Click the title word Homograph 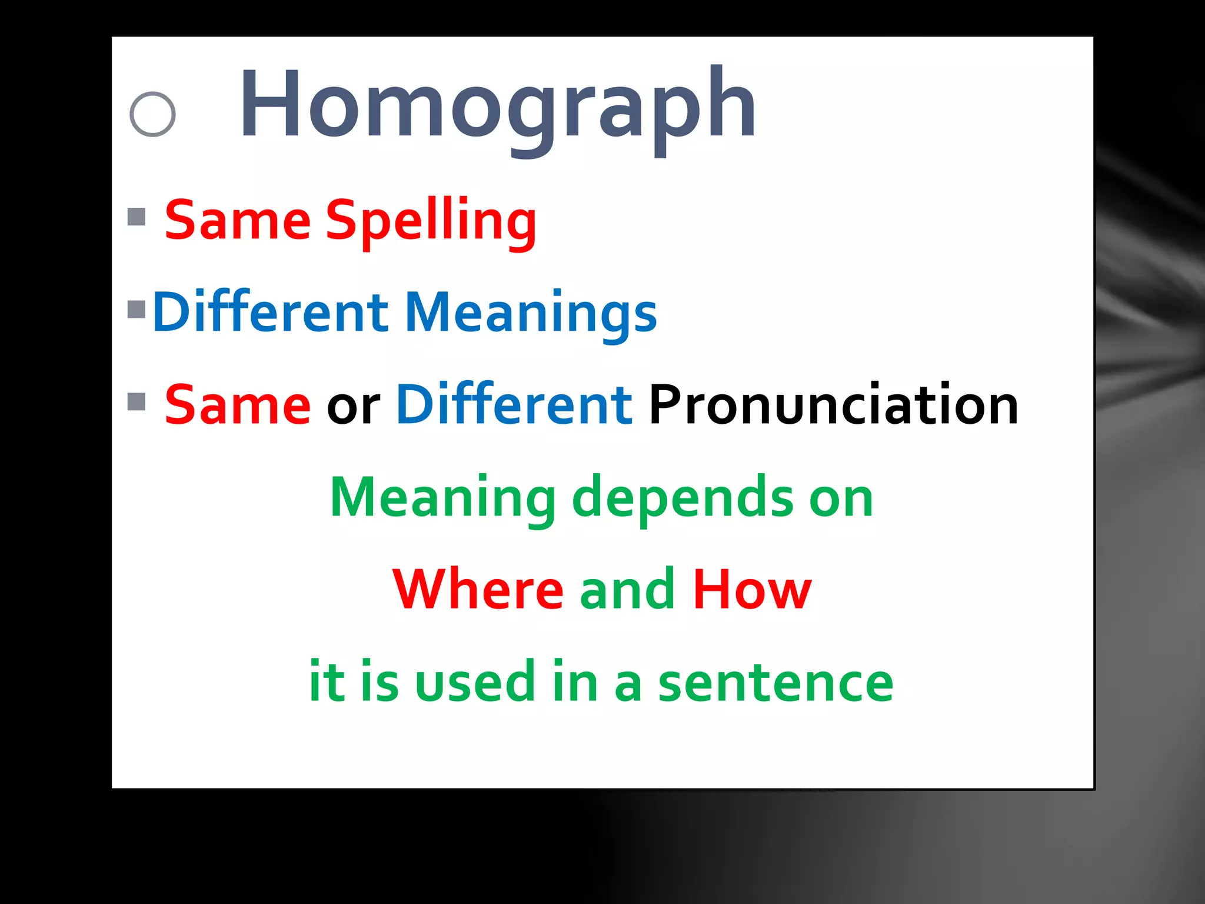[x=497, y=106]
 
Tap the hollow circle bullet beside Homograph [x=152, y=114]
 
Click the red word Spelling [x=431, y=221]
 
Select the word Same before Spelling [x=237, y=221]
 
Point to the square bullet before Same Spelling [x=137, y=217]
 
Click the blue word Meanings [x=531, y=313]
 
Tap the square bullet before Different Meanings [x=137, y=309]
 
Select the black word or [x=353, y=406]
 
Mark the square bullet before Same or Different [x=137, y=401]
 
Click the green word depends [x=683, y=498]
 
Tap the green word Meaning [x=442, y=498]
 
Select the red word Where [x=478, y=590]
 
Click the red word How [x=752, y=590]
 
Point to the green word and [x=627, y=590]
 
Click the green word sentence [x=775, y=683]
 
